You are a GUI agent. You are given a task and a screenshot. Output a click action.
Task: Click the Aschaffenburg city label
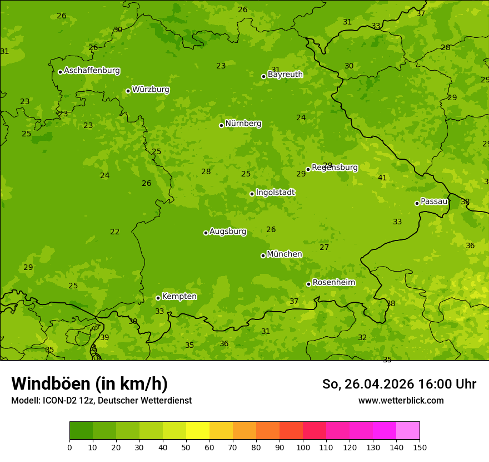coord(92,71)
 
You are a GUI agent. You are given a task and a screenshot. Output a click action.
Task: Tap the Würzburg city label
coord(151,90)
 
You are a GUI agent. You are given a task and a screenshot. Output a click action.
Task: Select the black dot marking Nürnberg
coord(221,125)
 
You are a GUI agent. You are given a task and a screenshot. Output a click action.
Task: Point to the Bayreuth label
coord(285,75)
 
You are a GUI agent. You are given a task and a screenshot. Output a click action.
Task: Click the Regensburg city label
coord(335,168)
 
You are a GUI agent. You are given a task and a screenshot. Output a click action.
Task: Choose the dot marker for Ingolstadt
coord(252,194)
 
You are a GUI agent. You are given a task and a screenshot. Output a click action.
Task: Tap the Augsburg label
coord(228,232)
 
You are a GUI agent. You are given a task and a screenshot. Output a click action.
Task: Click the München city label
coord(285,254)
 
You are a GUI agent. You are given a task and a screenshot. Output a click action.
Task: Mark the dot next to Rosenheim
coord(308,284)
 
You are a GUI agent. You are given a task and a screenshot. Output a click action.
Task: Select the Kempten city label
coord(179,297)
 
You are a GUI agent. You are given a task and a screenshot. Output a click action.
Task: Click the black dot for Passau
coord(417,203)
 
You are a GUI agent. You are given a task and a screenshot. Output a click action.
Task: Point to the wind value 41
coord(382,178)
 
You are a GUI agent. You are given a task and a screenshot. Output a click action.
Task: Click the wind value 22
coord(114,232)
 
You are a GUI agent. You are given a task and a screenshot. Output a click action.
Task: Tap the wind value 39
coord(104,338)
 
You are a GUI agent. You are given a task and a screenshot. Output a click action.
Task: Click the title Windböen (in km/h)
coord(89,384)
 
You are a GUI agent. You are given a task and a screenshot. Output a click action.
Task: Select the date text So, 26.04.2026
coord(367,384)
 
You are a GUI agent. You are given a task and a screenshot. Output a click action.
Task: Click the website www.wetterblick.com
coord(401,401)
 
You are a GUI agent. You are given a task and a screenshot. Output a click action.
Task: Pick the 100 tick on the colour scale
coord(303,447)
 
